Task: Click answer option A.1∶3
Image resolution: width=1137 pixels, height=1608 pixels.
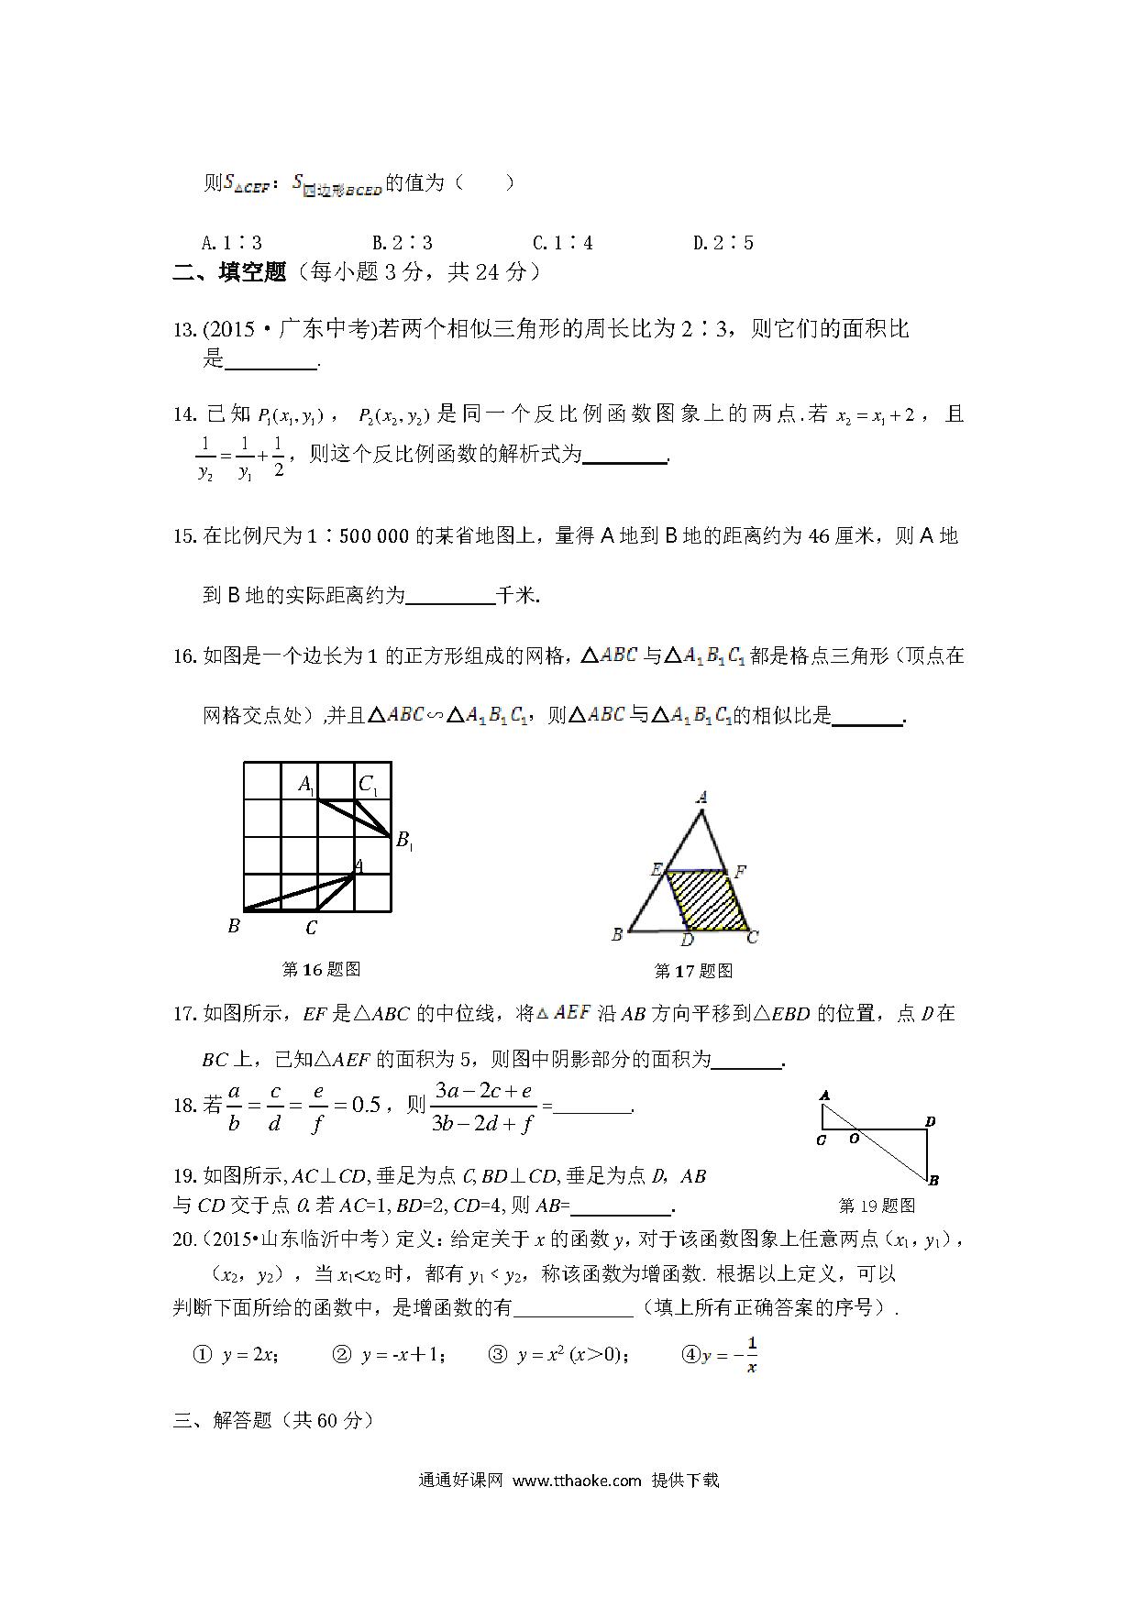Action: (x=231, y=243)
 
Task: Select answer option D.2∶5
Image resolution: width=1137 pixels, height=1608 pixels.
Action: (x=723, y=243)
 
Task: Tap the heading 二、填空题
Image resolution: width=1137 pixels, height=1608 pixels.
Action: (x=229, y=272)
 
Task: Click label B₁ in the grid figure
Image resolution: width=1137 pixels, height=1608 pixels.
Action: (x=403, y=840)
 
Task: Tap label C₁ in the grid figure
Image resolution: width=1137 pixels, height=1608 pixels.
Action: (x=369, y=785)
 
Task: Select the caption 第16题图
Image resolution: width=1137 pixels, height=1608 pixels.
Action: (x=321, y=969)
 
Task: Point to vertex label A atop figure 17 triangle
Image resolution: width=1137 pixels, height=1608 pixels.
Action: (x=701, y=798)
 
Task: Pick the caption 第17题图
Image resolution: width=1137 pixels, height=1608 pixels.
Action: (x=693, y=971)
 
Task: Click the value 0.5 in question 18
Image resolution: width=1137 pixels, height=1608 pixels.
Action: (x=365, y=1105)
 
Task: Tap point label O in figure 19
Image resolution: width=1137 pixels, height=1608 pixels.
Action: (x=853, y=1140)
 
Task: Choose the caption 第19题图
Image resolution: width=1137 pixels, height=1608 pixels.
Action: (x=877, y=1206)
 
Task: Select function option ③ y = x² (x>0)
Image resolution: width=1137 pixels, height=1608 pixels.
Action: (x=558, y=1355)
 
